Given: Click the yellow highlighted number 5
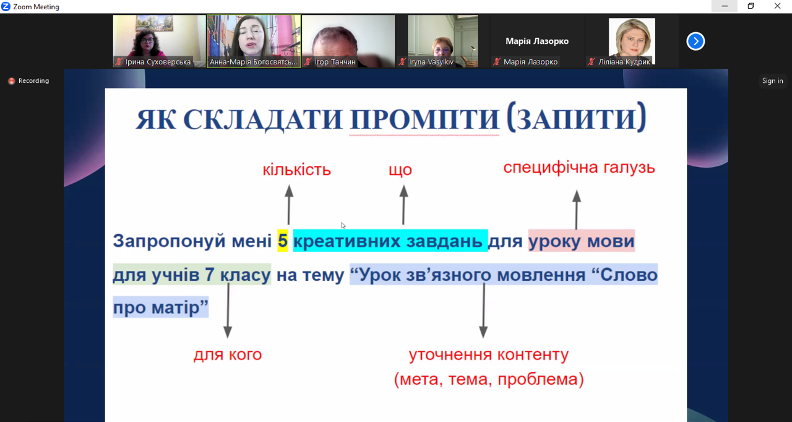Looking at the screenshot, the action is [x=283, y=241].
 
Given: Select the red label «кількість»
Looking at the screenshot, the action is [x=296, y=170].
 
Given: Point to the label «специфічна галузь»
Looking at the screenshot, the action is [x=579, y=168].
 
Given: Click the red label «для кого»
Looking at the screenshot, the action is [x=228, y=355].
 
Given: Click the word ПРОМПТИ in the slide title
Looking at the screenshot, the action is [x=424, y=119].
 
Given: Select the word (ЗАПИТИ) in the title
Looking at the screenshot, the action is [x=576, y=118].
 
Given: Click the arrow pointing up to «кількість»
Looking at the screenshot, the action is [x=289, y=205].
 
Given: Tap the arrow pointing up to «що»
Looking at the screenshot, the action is [x=403, y=205].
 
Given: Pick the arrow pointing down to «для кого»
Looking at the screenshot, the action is [x=228, y=311].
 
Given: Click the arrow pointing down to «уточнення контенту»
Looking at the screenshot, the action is [x=483, y=311].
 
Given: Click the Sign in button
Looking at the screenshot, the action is [x=772, y=80].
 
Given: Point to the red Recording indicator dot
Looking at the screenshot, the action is [x=12, y=81].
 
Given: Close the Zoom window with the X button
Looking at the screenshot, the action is [x=778, y=6].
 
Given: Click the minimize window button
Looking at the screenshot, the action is [x=725, y=6].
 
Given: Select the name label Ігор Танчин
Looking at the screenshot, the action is [x=335, y=62].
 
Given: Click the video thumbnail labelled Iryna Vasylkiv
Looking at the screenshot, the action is [x=442, y=41].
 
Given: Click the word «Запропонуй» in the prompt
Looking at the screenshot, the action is [x=170, y=241].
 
